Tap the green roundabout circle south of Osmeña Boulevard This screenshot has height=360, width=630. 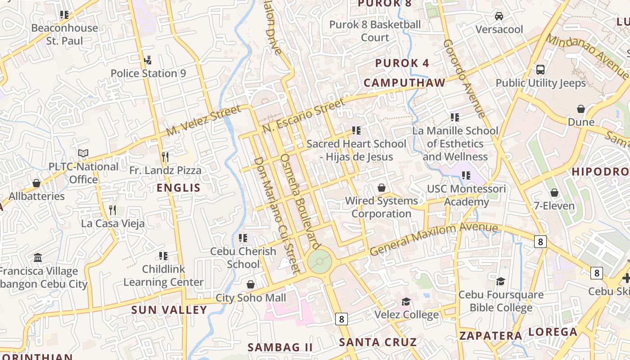tap(320, 261)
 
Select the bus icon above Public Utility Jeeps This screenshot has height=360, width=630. tap(540, 70)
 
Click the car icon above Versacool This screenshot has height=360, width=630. tap(499, 16)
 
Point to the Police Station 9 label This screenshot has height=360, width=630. tap(148, 73)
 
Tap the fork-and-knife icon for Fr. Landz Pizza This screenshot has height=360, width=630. tap(165, 157)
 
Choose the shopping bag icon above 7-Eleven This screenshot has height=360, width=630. tap(554, 193)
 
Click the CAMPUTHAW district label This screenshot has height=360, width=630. tap(405, 83)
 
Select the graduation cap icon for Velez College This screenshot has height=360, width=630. tap(406, 301)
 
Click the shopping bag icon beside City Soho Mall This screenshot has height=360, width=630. tap(251, 284)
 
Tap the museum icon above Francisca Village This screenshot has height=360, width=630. tap(38, 258)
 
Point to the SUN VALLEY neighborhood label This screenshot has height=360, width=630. tap(169, 310)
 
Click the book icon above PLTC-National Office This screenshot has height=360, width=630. tap(83, 153)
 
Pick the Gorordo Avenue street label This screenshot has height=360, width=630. tap(464, 78)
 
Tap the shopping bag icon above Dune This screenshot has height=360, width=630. tap(581, 109)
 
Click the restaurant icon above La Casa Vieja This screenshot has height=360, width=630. tap(112, 210)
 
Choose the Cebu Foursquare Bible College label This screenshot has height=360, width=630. tap(501, 301)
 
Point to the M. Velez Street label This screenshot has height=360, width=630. tap(204, 121)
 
